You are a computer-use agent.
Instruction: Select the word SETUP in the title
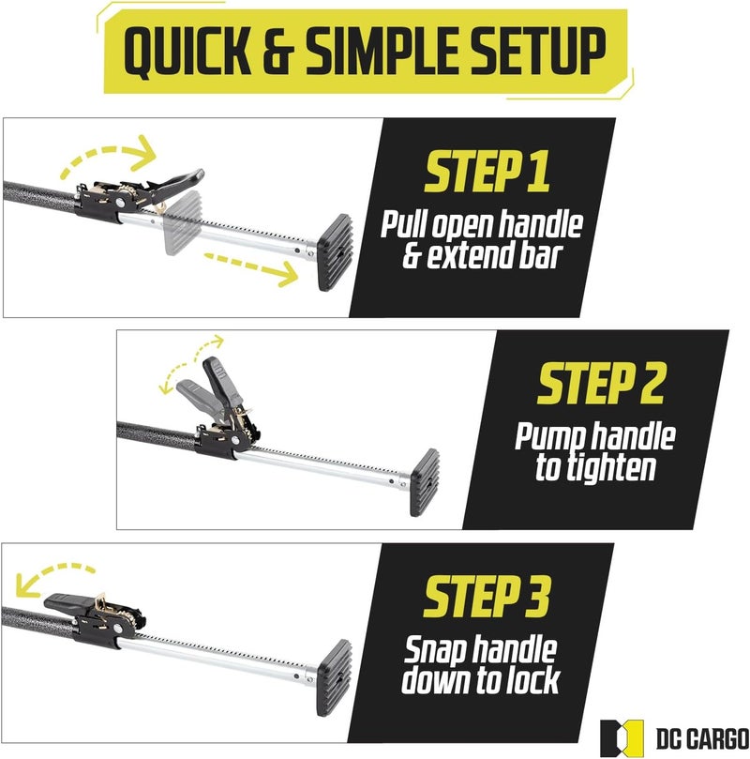[x=537, y=52]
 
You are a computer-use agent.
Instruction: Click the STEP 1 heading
[x=487, y=172]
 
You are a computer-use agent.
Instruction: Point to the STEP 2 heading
[x=601, y=384]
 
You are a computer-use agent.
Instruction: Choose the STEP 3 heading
[x=487, y=596]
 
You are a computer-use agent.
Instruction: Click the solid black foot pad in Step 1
[x=334, y=252]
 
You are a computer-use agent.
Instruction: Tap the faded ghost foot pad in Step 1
[x=183, y=222]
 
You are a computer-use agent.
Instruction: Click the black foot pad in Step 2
[x=425, y=482]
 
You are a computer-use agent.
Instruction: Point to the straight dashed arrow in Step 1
[x=250, y=266]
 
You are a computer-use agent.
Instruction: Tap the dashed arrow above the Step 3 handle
[x=53, y=574]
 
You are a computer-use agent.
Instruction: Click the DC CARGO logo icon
[x=622, y=738]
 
